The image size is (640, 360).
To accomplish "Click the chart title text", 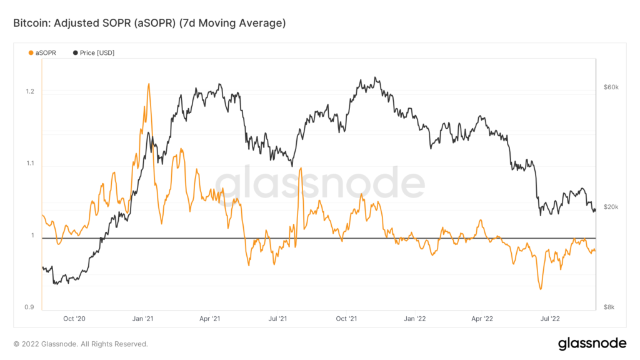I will click(149, 23).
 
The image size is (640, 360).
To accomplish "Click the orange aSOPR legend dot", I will click(31, 53).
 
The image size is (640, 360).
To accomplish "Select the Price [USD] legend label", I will click(97, 53).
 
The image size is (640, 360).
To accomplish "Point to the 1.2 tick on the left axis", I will click(28, 91).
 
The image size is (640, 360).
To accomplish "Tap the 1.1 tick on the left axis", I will click(28, 164).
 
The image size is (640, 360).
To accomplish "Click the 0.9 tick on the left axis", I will click(28, 307).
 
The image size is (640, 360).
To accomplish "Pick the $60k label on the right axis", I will click(610, 87).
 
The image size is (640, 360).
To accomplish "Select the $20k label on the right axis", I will click(610, 207).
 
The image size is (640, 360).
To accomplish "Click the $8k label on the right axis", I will click(609, 307).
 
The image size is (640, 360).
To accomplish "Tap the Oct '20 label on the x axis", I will click(74, 319).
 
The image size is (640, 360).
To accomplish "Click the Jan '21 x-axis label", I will click(143, 319).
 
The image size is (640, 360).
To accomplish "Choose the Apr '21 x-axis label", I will click(209, 319).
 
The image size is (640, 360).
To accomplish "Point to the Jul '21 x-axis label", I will click(277, 319).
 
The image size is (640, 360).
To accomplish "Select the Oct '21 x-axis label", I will click(346, 319).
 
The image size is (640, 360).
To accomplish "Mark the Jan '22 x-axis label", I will click(414, 319).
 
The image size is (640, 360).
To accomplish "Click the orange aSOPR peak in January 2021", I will click(148, 84).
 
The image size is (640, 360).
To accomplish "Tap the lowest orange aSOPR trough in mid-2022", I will click(540, 289).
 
